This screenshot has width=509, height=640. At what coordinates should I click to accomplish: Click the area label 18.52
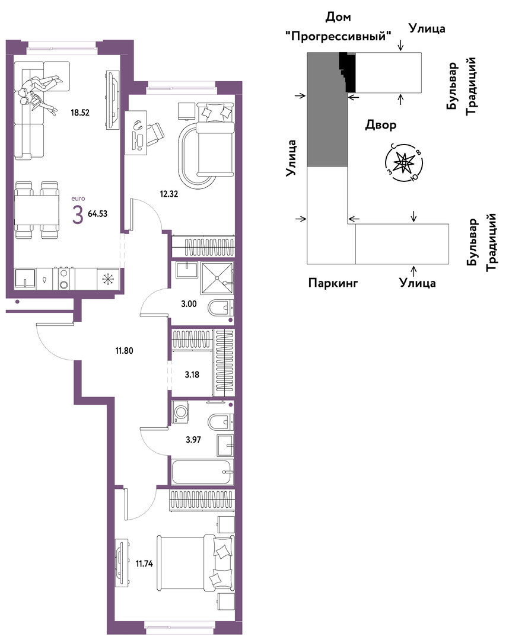point(80,113)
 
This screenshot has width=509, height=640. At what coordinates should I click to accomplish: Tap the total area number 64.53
point(98,213)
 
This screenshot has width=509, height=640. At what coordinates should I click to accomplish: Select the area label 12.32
point(168,194)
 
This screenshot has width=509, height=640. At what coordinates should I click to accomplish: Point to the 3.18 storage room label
point(192,375)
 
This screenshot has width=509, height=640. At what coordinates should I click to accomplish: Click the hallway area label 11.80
point(124,351)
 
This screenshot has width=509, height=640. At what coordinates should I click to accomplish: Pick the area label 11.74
point(144,564)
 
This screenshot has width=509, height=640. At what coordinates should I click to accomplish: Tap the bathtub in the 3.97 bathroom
point(203,472)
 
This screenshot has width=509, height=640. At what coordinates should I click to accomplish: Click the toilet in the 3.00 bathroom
point(221,308)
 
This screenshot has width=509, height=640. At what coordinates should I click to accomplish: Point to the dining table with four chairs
point(36,210)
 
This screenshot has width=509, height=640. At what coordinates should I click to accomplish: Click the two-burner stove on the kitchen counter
point(63,279)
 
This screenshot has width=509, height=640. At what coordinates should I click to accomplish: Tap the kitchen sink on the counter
point(26,279)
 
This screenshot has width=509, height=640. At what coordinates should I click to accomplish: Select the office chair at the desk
point(155,134)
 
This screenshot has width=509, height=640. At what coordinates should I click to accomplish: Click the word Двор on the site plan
point(381,124)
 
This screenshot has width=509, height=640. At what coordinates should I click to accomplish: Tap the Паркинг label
point(333,283)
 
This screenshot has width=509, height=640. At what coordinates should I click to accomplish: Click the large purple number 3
point(78,215)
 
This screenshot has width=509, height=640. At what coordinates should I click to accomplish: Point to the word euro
point(78,199)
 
